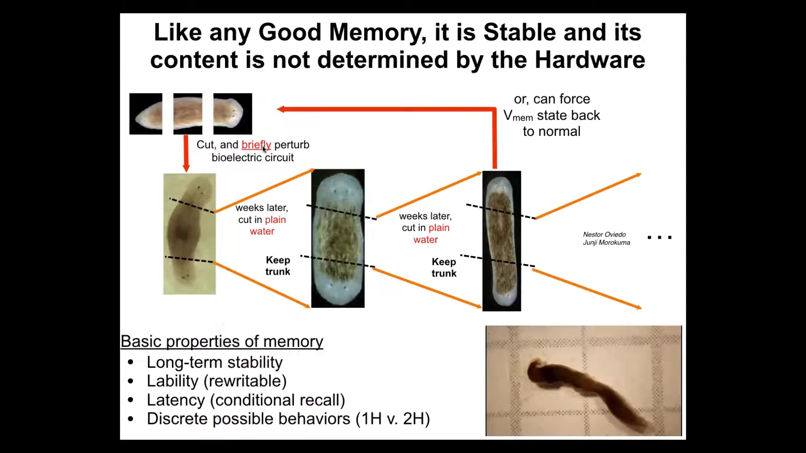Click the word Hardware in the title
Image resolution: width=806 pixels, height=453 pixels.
pos(590,60)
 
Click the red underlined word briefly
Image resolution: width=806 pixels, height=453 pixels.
pos(256,145)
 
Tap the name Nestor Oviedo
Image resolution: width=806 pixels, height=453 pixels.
pos(604,234)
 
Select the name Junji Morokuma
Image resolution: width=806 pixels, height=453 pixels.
pos(606,242)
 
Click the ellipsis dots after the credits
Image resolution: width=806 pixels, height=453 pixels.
pos(659,237)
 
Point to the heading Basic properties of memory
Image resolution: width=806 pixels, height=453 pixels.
pos(222,341)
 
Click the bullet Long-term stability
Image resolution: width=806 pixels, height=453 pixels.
pos(215,362)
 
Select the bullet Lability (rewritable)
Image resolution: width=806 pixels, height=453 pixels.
pos(217,381)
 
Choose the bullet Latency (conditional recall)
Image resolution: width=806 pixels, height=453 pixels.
pos(246,400)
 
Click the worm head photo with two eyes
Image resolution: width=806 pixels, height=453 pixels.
pos(233,114)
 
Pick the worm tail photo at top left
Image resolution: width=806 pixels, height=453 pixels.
pos(146,114)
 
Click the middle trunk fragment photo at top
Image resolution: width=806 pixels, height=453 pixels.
pos(188,114)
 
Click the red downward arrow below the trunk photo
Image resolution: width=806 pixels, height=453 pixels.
pos(186,154)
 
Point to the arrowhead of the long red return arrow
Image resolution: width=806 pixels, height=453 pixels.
pos(280,109)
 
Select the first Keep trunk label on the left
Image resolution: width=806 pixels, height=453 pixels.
pos(277,266)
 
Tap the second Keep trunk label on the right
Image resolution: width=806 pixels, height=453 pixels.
pos(444,268)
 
